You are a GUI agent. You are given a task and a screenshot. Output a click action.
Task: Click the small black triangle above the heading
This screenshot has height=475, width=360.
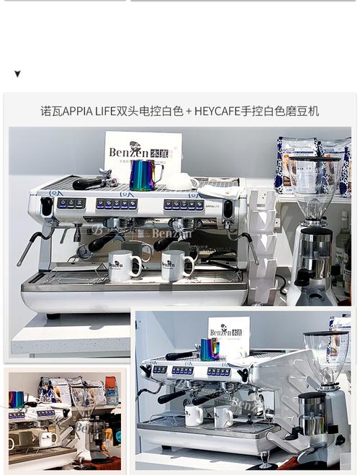tap(17, 74)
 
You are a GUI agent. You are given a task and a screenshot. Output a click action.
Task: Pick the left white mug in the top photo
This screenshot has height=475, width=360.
tap(125, 265)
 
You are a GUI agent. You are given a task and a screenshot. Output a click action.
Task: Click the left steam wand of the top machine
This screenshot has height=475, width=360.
tap(32, 245)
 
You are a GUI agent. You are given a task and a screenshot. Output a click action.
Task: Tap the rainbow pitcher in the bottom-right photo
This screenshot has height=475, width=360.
tap(209, 349)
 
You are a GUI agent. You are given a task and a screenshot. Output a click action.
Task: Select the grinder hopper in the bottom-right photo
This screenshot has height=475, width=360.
tap(325, 355)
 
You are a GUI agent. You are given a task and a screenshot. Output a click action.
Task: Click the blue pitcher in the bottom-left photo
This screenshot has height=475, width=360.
tap(16, 399)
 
